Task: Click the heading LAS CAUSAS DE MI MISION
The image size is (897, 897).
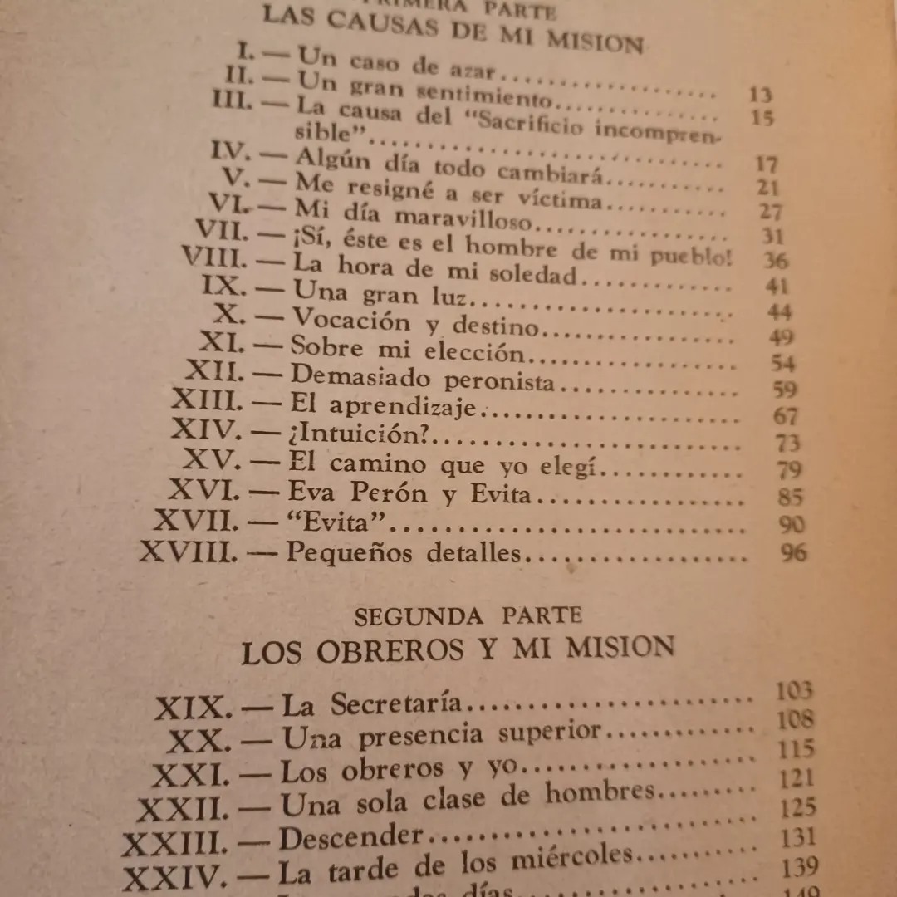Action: [x=453, y=32]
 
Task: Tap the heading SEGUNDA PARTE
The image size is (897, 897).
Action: [x=468, y=615]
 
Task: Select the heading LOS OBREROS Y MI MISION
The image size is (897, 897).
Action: [x=458, y=649]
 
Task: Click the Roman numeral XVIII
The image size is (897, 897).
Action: [x=189, y=551]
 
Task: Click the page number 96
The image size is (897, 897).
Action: [x=793, y=551]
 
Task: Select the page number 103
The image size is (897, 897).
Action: [x=794, y=691]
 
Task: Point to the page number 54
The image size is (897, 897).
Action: [x=782, y=363]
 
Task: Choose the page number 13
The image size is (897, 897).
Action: [x=759, y=94]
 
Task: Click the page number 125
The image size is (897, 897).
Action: [x=798, y=806]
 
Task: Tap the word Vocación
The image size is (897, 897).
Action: [x=352, y=320]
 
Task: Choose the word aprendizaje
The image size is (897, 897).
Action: [x=404, y=406]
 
